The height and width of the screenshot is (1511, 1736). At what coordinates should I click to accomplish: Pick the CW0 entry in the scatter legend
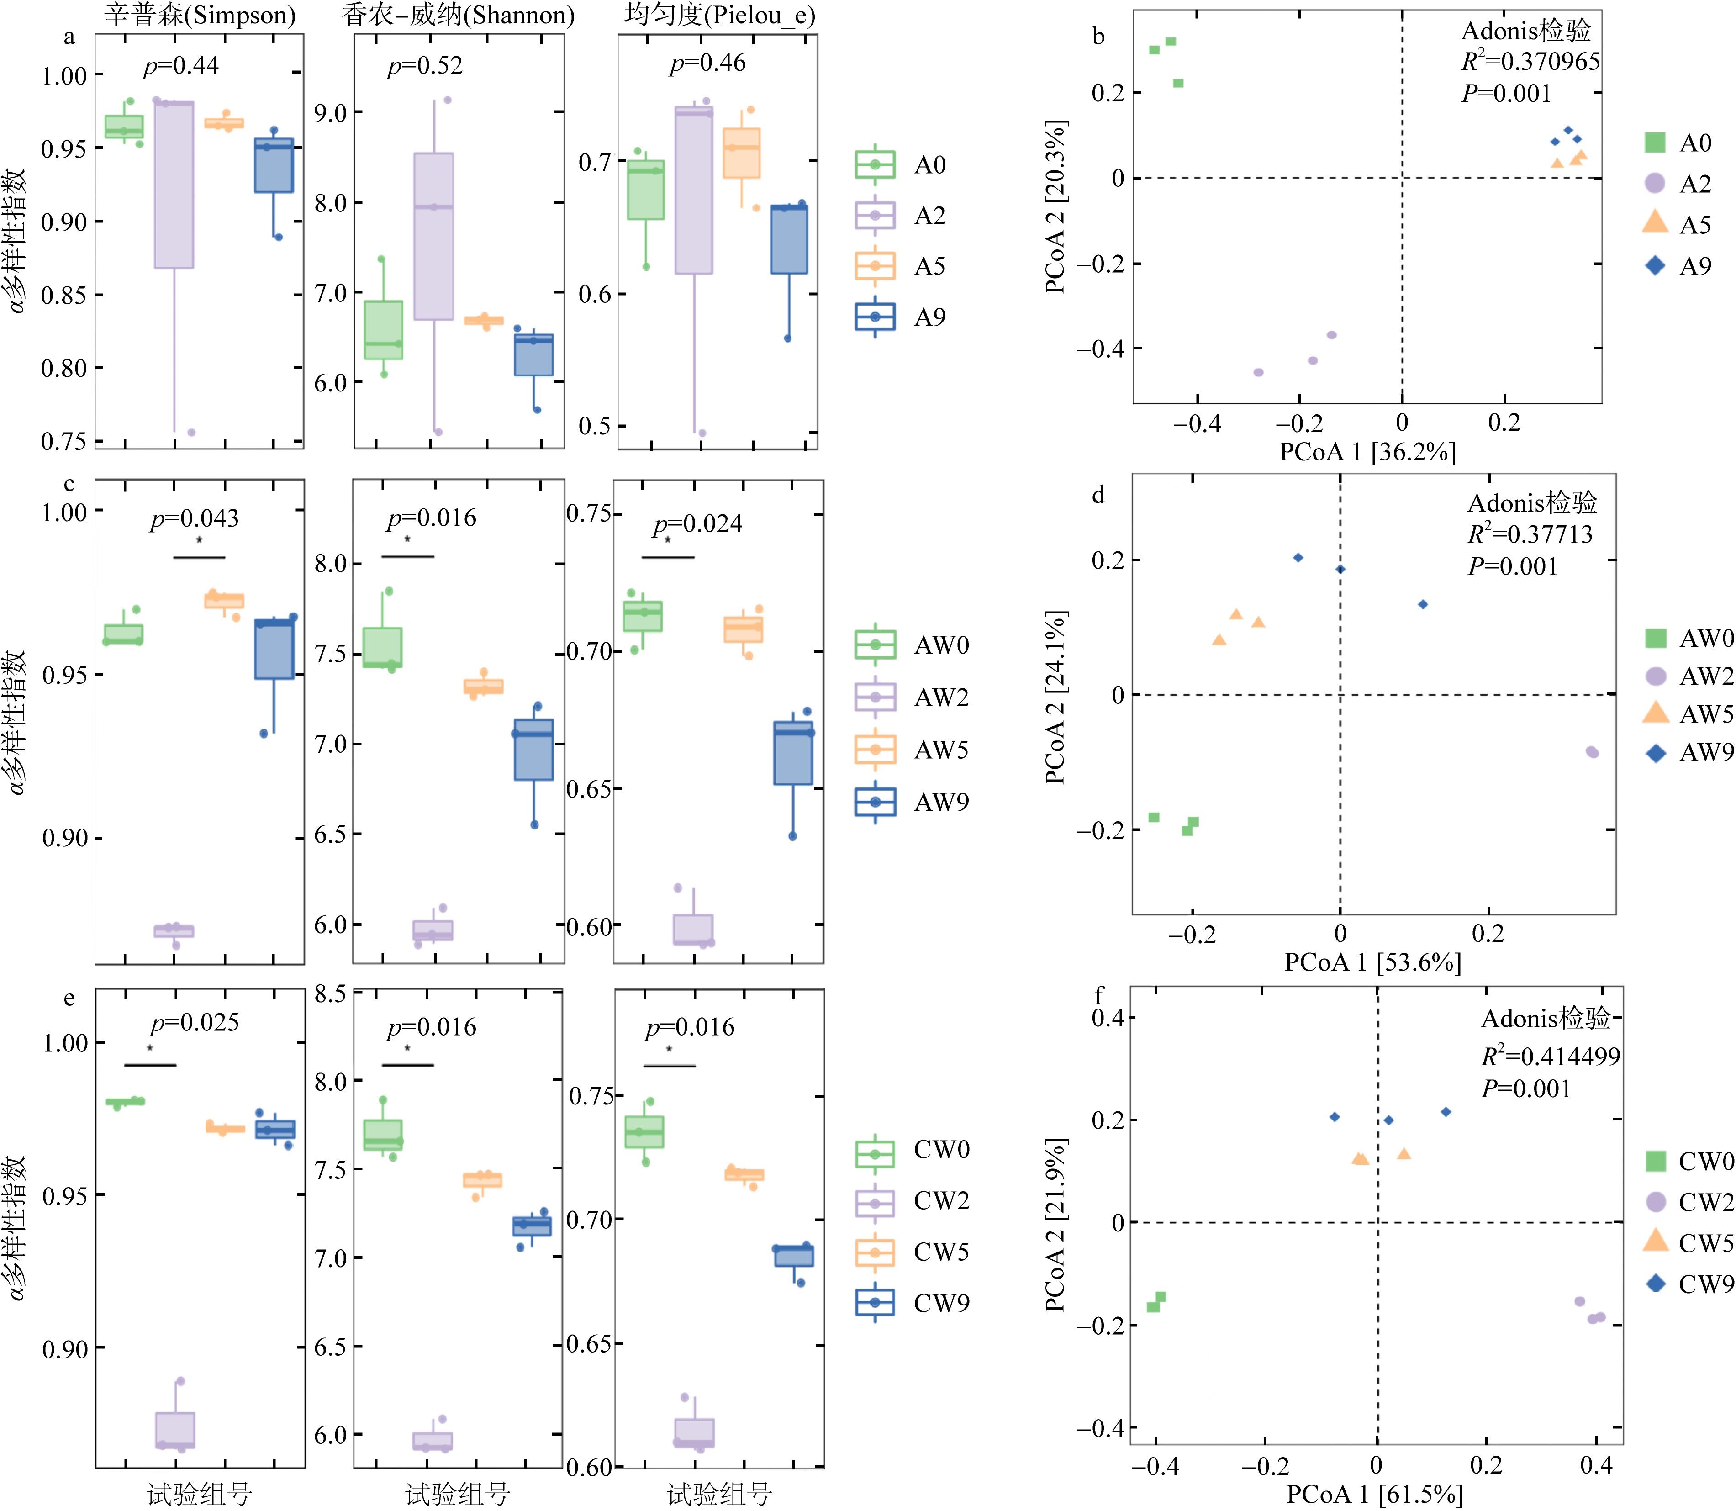pyautogui.click(x=1689, y=1161)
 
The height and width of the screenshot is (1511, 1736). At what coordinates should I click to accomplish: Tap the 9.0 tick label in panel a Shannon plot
pyautogui.click(x=331, y=113)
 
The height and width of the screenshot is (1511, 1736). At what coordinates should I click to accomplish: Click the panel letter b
pyautogui.click(x=1098, y=36)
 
